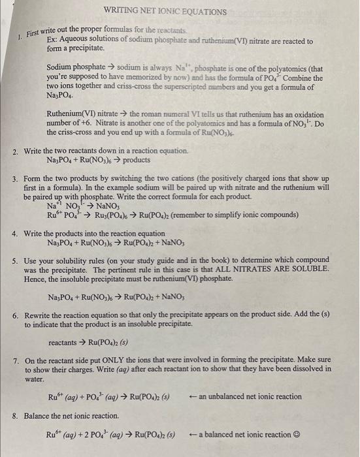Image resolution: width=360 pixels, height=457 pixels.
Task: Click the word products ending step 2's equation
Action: (x=135, y=160)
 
